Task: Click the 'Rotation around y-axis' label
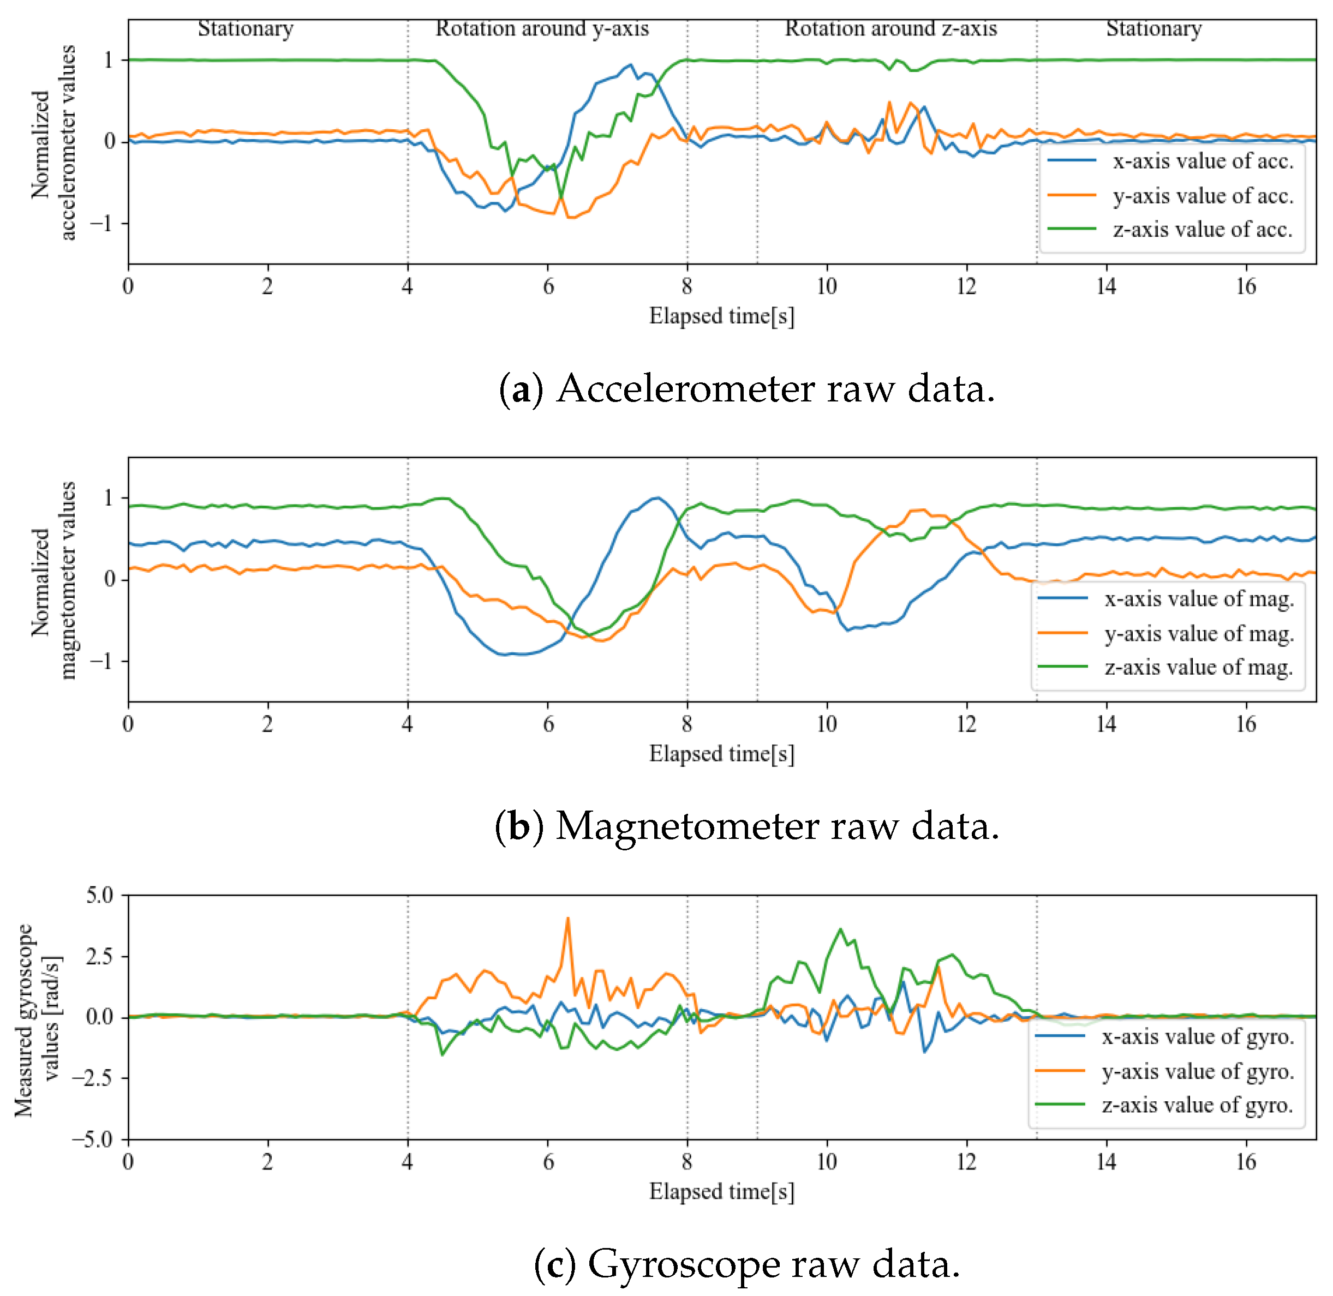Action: point(542,28)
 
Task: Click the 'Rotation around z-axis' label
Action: point(890,28)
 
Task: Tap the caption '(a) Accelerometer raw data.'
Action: point(747,389)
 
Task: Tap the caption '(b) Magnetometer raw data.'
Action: point(747,826)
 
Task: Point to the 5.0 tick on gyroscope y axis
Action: point(100,895)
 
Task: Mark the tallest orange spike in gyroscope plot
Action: point(568,919)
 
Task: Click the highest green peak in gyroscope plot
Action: point(840,930)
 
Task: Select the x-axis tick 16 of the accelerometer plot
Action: point(1246,286)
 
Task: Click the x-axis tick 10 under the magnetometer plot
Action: point(827,724)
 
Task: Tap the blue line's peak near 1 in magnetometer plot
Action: point(656,497)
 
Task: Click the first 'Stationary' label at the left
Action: point(246,28)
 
